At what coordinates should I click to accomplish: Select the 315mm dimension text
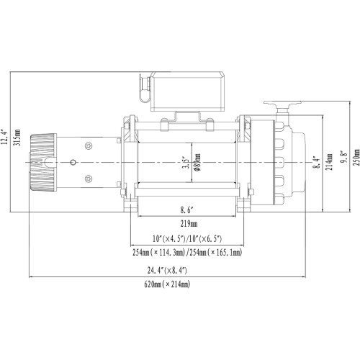point(17,137)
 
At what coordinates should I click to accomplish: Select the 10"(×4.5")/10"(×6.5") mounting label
point(186,238)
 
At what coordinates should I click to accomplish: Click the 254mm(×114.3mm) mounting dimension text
point(157,253)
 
